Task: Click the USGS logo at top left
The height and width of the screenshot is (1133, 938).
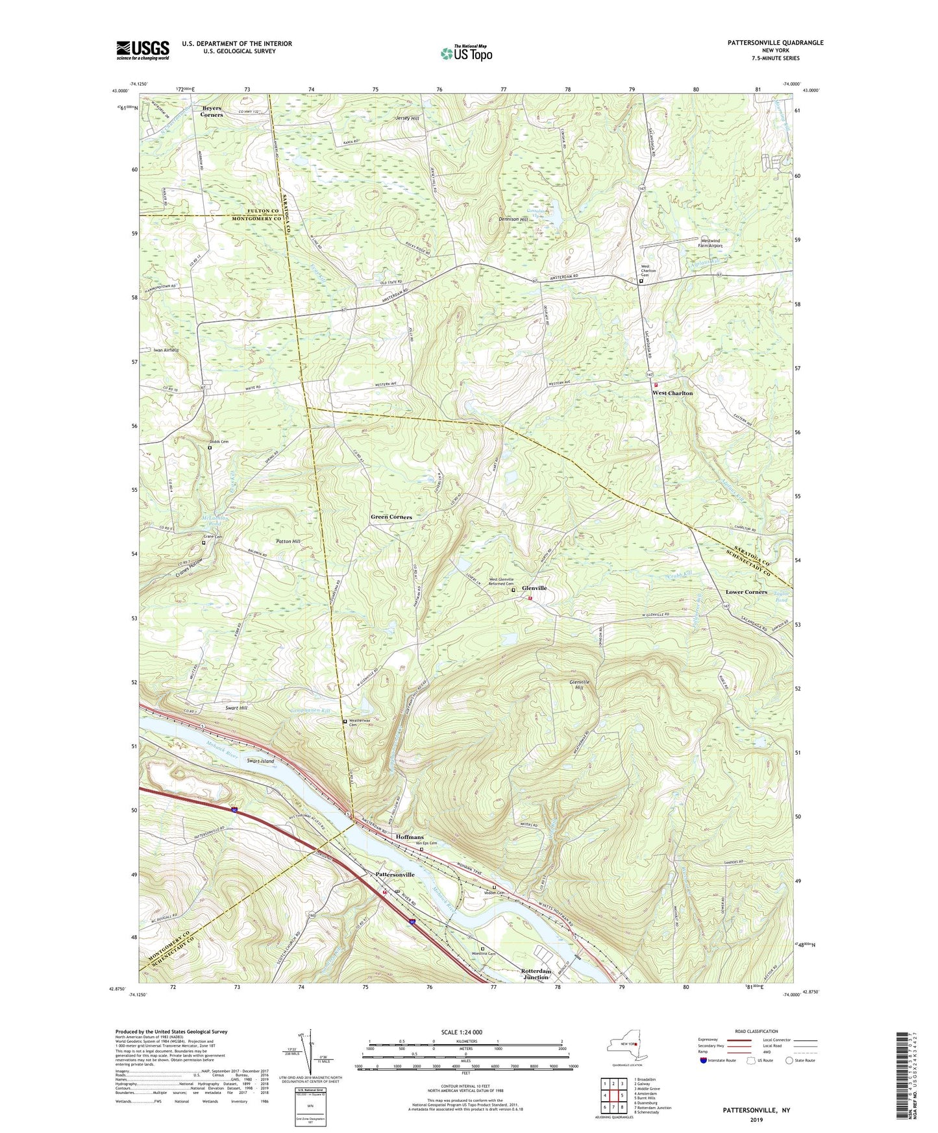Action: tap(142, 50)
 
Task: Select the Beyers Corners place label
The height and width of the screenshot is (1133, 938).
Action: tap(212, 112)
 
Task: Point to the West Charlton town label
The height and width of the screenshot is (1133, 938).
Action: tap(673, 393)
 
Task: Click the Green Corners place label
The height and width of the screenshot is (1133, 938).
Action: tap(391, 517)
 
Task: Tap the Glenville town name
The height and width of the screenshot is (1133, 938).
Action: tap(534, 588)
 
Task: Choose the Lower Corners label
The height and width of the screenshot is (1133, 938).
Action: tap(746, 592)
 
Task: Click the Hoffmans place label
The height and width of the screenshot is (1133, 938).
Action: tap(410, 837)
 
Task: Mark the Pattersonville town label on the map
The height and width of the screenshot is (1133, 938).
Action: tap(395, 875)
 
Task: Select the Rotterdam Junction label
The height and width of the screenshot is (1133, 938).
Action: tap(536, 974)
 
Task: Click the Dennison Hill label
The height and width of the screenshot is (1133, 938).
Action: tap(513, 219)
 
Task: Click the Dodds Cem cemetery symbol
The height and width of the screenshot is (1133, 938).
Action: tap(210, 447)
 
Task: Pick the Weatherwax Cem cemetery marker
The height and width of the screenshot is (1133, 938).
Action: tap(345, 722)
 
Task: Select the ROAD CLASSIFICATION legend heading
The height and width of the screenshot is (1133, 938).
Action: tap(756, 1031)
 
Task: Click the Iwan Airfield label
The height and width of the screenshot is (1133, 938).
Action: tap(166, 350)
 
